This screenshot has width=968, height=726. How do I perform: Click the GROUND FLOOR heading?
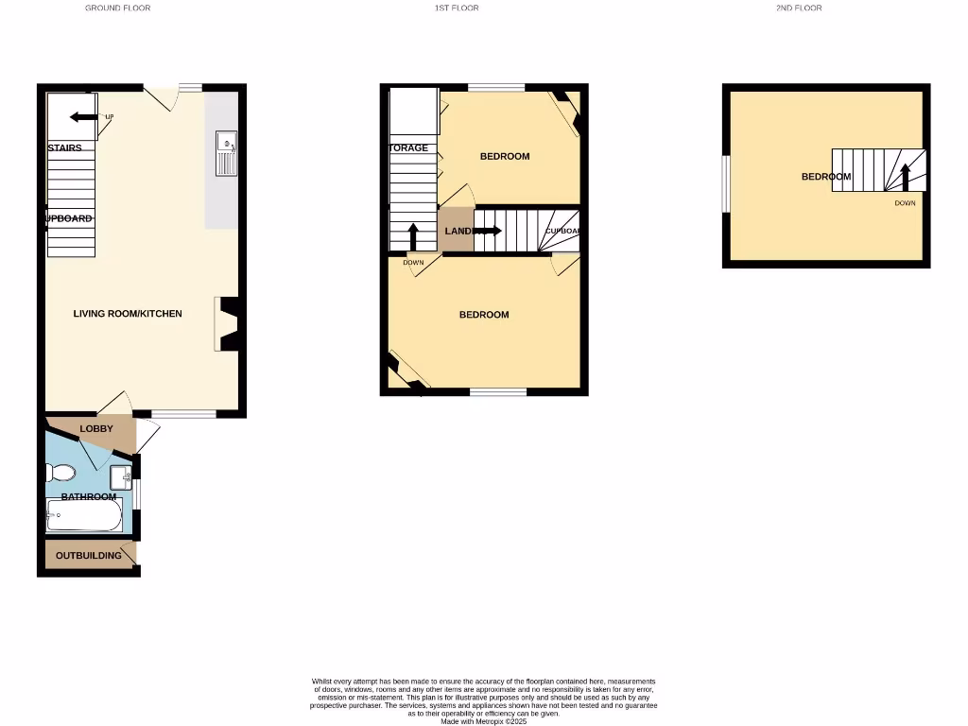coord(117,8)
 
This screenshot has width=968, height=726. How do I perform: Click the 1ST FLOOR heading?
coord(457,8)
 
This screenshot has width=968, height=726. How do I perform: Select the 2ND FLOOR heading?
coord(799,8)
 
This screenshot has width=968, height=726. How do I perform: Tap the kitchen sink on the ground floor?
coord(227,154)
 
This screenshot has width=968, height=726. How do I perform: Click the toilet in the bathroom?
coord(63,472)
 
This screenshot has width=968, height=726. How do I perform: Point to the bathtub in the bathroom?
coord(84,516)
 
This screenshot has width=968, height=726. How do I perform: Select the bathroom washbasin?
coord(121,476)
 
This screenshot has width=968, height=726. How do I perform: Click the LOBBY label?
coord(96,428)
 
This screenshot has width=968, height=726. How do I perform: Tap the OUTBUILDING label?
coord(88,555)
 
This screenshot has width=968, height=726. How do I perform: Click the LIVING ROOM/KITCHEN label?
coord(128,314)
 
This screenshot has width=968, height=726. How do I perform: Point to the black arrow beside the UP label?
coord(83,116)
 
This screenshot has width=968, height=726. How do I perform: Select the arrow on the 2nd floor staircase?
coord(905,177)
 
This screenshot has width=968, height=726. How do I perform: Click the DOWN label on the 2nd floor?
coord(905,202)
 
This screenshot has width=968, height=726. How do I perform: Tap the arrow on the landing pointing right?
coord(488,230)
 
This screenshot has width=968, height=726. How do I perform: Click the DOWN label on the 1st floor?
coord(413,262)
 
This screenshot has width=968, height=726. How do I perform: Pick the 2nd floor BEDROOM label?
coord(826,176)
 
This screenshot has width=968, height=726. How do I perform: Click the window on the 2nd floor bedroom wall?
coord(726,183)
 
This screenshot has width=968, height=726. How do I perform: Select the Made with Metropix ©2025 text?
coord(483,721)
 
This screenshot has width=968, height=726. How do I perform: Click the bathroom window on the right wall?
coord(137,493)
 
